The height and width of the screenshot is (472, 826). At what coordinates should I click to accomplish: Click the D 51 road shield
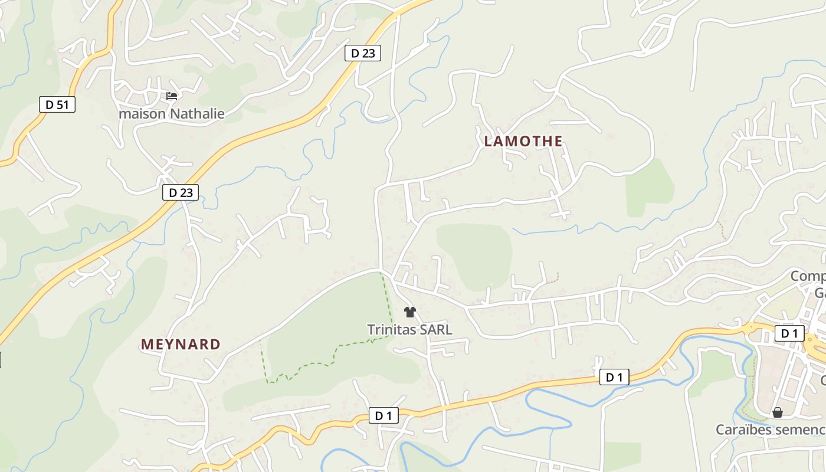point(57,104)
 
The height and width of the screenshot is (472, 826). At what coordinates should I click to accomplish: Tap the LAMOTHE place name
point(523,142)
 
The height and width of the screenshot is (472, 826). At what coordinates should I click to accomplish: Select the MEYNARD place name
point(181,345)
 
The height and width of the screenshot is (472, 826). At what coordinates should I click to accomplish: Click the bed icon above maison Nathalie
point(172,96)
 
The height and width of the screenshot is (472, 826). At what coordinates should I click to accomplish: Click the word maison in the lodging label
point(142,113)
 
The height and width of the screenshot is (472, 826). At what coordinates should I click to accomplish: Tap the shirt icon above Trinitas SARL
point(410,312)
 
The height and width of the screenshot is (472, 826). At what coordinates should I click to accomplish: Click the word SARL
point(437,329)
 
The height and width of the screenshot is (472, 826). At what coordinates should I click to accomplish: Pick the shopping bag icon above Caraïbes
point(778,412)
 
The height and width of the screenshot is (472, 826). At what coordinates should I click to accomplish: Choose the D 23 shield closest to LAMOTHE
point(363,53)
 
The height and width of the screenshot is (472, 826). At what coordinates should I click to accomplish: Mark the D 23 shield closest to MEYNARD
point(181,192)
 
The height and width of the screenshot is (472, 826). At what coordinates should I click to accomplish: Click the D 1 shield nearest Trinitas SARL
point(383,415)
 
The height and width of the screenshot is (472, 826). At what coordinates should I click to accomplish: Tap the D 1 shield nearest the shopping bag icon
point(789,333)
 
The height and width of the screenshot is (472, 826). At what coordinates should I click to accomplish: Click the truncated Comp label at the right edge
point(808,276)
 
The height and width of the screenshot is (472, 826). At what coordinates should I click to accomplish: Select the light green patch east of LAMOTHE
point(650,188)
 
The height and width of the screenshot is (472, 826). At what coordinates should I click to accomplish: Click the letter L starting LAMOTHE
point(488,142)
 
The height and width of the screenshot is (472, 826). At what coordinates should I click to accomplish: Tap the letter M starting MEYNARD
point(146,345)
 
